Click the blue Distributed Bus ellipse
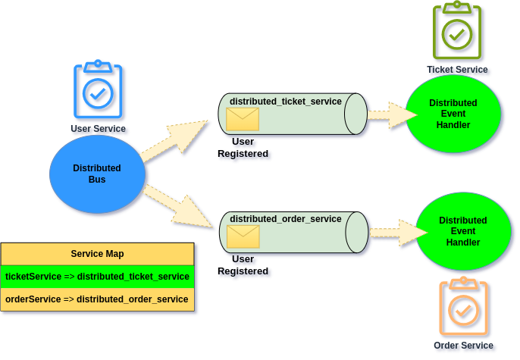[x=97, y=174]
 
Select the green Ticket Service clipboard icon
[x=457, y=32]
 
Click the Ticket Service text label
[x=458, y=70]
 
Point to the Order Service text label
[x=464, y=346]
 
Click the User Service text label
[x=99, y=130]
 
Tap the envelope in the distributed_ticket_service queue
[x=243, y=119]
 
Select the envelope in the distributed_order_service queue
[x=243, y=237]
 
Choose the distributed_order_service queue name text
[x=285, y=219]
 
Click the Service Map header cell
[x=97, y=254]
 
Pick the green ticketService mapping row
[x=97, y=277]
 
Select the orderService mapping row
[x=97, y=299]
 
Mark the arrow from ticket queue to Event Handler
[x=391, y=115]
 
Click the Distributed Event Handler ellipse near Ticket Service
[x=453, y=114]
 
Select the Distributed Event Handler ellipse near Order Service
[x=462, y=231]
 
